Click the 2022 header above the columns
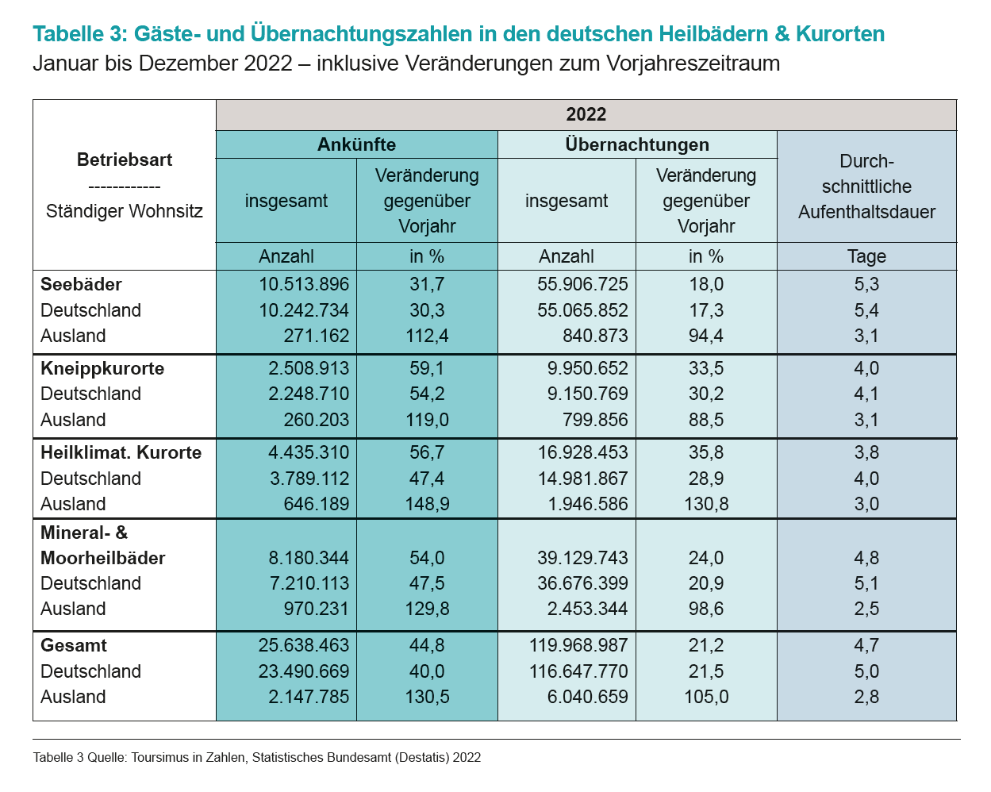tap(586, 114)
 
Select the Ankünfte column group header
tap(356, 144)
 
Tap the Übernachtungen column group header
tap(637, 144)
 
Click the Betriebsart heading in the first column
tap(125, 160)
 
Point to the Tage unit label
tap(866, 256)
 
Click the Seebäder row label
tap(81, 284)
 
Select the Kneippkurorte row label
tap(102, 368)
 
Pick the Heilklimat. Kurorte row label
tap(121, 452)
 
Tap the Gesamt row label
tap(74, 645)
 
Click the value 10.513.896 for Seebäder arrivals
tap(304, 284)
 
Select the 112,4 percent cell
tap(427, 336)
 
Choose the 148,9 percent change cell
tap(427, 504)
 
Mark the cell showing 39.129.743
tap(582, 558)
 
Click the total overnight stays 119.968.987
tap(578, 645)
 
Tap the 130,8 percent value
tap(706, 504)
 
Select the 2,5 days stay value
tap(866, 609)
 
